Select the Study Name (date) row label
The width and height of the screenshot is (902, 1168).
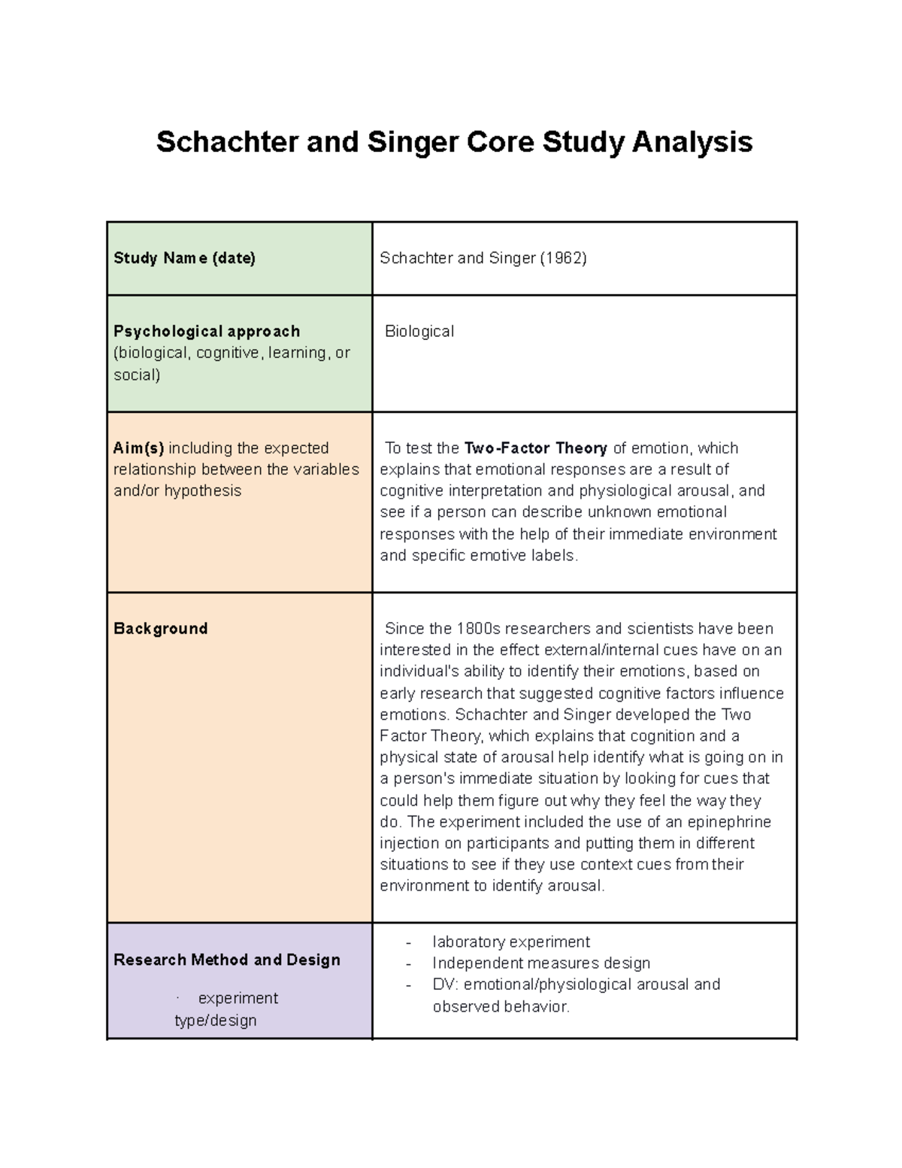pos(184,258)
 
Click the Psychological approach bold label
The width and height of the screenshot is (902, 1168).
pos(207,331)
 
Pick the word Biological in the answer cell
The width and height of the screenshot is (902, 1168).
pos(419,331)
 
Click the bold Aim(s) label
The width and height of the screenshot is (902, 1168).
pos(138,448)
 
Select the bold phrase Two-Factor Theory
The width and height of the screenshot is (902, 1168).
pos(536,448)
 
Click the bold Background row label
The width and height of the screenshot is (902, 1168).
pos(160,629)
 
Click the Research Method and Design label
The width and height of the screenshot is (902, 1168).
pos(226,960)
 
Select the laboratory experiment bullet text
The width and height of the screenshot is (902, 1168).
pos(511,942)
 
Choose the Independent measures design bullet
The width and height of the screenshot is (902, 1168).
pos(541,963)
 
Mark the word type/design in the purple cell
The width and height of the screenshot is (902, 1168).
pos(216,1021)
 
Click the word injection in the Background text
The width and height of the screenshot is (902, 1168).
pos(410,843)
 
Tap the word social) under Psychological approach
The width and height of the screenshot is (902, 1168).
pos(137,375)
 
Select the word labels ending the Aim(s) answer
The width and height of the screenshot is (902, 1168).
pos(553,556)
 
